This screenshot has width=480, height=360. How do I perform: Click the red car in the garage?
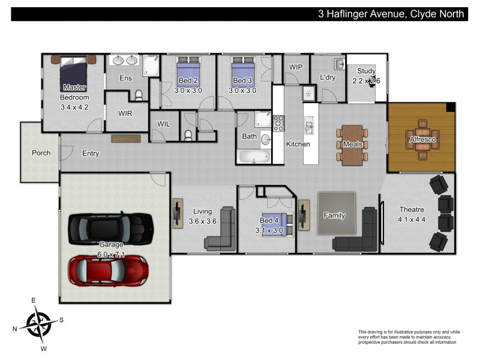tap(109, 271)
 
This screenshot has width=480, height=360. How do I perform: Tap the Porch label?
tap(41, 153)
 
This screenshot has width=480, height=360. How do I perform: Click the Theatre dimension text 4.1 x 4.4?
tap(412, 220)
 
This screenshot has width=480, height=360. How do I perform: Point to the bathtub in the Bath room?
tap(254, 156)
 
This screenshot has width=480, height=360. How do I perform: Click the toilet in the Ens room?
tap(139, 95)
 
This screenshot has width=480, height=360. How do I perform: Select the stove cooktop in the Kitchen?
tap(279, 124)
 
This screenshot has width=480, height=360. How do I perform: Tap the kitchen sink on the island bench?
tap(308, 125)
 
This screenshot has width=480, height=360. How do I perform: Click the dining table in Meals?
tap(352, 145)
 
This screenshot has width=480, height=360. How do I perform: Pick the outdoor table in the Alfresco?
tap(422, 140)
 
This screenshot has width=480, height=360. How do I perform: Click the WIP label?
tap(295, 67)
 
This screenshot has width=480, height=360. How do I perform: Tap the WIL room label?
tap(163, 124)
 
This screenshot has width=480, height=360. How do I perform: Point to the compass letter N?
tap(14, 329)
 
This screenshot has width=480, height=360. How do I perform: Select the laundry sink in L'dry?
tap(340, 64)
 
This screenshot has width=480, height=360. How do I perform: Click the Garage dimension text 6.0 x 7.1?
tap(111, 254)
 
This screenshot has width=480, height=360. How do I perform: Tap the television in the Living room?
tap(178, 213)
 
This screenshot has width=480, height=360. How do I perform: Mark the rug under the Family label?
tap(337, 214)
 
